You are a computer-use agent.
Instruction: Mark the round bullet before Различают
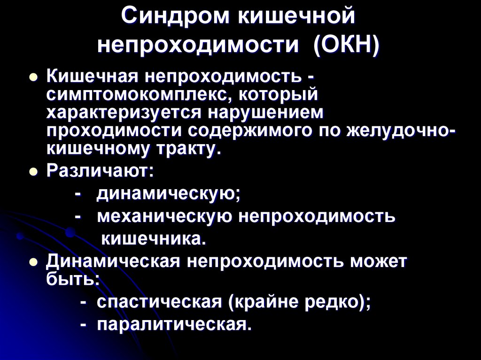(x=33, y=172)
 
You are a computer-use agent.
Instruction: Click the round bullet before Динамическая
(x=33, y=263)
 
